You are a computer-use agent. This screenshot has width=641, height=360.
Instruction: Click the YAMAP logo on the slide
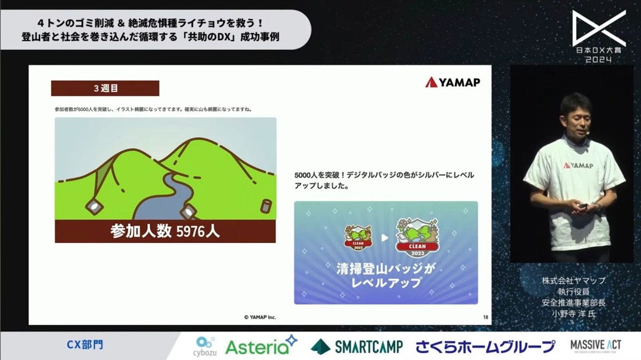[x=452, y=82]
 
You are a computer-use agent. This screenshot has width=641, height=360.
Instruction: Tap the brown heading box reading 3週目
[x=105, y=88]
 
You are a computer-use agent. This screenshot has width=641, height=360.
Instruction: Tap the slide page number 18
[x=485, y=317]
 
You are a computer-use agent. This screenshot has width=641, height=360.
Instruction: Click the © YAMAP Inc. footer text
[x=260, y=317]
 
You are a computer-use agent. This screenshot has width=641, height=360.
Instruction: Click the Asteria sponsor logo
[x=260, y=346]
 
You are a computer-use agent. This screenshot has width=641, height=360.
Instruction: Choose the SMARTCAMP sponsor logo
[x=357, y=347]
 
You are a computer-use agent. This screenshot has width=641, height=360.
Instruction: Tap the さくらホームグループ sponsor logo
[x=486, y=347]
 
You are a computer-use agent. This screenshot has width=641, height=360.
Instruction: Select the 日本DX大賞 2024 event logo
[x=599, y=37]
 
